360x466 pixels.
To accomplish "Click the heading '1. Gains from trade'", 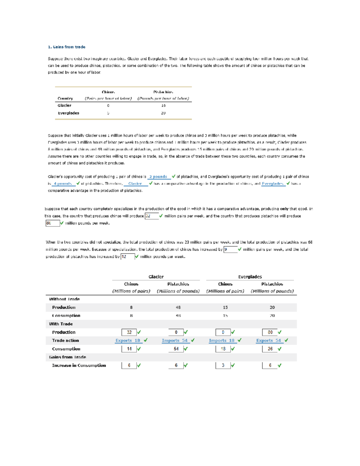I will tap(67, 47).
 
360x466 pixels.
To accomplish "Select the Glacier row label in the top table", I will tap(64, 106).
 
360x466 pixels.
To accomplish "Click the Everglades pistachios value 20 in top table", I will tap(163, 113).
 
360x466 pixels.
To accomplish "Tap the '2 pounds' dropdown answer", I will tap(158, 177).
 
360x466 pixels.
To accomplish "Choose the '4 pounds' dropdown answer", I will tap(63, 184).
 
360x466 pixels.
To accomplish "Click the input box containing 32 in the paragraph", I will tap(151, 216).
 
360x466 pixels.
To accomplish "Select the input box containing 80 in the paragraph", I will tap(52, 223).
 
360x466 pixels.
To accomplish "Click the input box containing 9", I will tap(230, 249).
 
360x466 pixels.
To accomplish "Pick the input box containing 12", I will tap(127, 257).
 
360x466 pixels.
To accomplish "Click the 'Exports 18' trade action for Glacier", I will tap(128, 341).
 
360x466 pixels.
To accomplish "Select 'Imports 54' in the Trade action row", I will tap(175, 341).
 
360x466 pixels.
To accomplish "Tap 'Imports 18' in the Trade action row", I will tap(222, 341).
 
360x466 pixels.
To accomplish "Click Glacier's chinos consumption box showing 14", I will tap(129, 349).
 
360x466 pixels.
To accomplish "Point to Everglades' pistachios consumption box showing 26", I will tap(270, 349).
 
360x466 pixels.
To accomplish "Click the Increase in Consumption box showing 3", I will tap(223, 365).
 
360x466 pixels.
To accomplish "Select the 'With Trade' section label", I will tap(61, 324).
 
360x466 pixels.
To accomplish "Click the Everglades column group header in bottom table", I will tap(250, 277).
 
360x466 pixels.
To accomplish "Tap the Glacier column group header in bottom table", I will tap(156, 277).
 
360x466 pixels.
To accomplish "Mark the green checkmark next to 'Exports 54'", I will tap(286, 340).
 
